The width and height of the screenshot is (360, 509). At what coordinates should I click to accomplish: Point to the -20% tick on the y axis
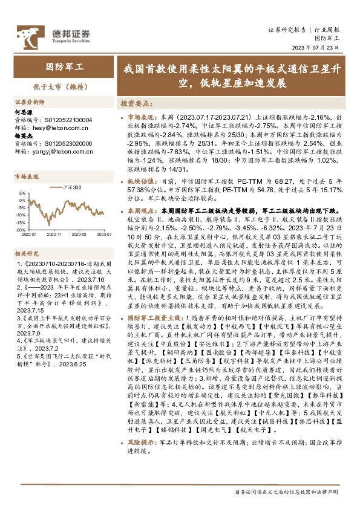click(21, 229)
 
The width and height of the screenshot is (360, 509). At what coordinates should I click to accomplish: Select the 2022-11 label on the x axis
click(55, 233)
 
